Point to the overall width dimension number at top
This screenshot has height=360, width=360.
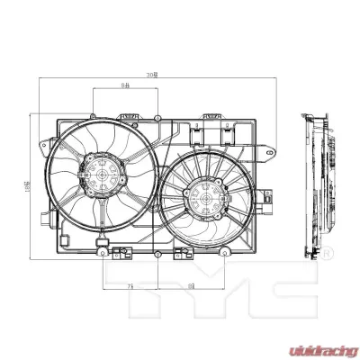coord(156,76)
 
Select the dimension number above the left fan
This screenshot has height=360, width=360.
coord(126,86)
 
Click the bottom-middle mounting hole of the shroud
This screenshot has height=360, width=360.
coord(158,255)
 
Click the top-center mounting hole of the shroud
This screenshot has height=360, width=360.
coord(158,116)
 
